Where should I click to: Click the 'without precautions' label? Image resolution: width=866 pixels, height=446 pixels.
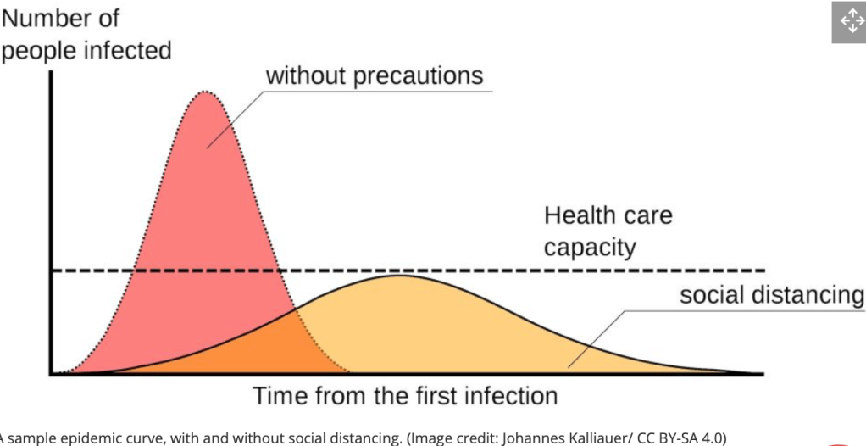(374, 75)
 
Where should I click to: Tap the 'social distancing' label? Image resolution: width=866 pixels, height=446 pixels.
(771, 295)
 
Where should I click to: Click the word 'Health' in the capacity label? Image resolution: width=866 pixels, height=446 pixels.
(580, 215)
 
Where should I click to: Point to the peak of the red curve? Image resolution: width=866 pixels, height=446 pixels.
(204, 91)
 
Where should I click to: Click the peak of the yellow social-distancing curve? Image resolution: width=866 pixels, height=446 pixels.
(402, 276)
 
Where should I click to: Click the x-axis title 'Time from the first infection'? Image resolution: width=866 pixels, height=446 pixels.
(405, 396)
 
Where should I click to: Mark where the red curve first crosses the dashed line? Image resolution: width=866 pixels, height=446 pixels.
(136, 270)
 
